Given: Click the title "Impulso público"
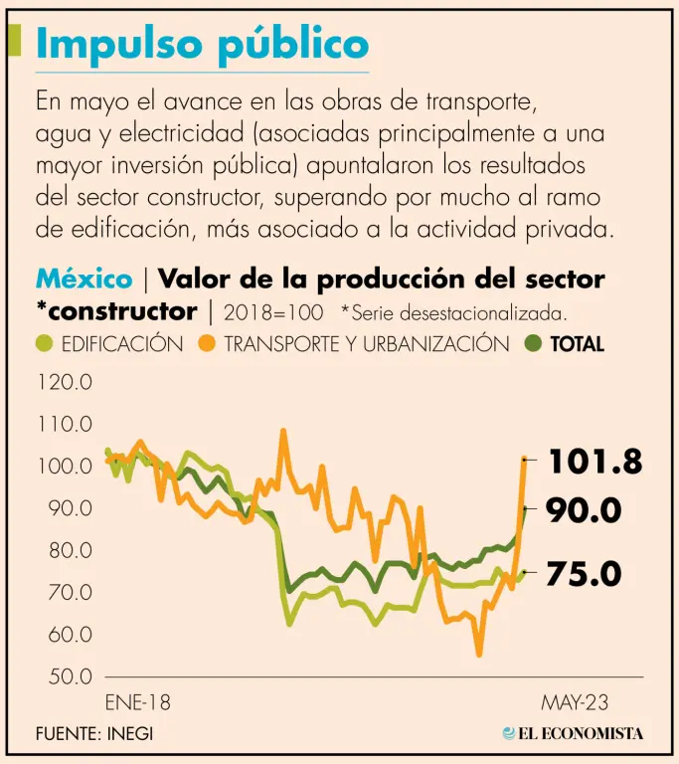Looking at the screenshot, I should tap(202, 44).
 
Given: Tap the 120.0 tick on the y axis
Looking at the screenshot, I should tap(66, 382).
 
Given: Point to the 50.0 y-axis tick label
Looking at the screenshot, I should tap(66, 676).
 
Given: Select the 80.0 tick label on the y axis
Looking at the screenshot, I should tap(66, 550).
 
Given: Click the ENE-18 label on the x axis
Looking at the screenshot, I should tap(137, 703).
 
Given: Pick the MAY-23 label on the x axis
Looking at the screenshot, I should tap(575, 703).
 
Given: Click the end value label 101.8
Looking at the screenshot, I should tap(594, 462).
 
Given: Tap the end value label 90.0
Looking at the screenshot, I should tap(585, 511).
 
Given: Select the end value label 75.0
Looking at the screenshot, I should tap(585, 574).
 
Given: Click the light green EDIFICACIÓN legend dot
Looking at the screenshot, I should tap(45, 344).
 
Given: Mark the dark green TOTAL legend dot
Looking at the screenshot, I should tap(532, 344).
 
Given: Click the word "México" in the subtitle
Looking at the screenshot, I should tap(84, 279).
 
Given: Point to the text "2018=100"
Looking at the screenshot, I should tap(273, 312).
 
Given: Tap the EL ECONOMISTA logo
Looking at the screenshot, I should tap(574, 733).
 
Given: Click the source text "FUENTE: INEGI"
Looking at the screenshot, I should tap(94, 734).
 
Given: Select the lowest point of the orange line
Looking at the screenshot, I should tap(479, 654).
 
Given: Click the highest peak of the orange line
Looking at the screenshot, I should tap(283, 432).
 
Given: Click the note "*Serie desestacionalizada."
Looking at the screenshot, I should tap(453, 312).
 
